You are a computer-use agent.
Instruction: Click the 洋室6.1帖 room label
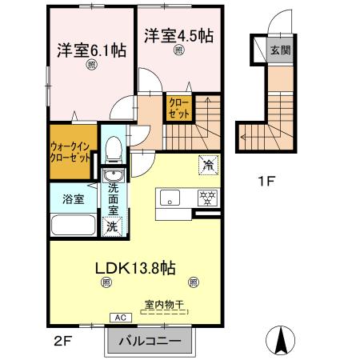[x=90, y=49]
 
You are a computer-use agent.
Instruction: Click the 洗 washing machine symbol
[x=113, y=226]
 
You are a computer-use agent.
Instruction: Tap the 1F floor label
[x=266, y=181]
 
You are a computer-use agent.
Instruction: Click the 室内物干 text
[x=165, y=305]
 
